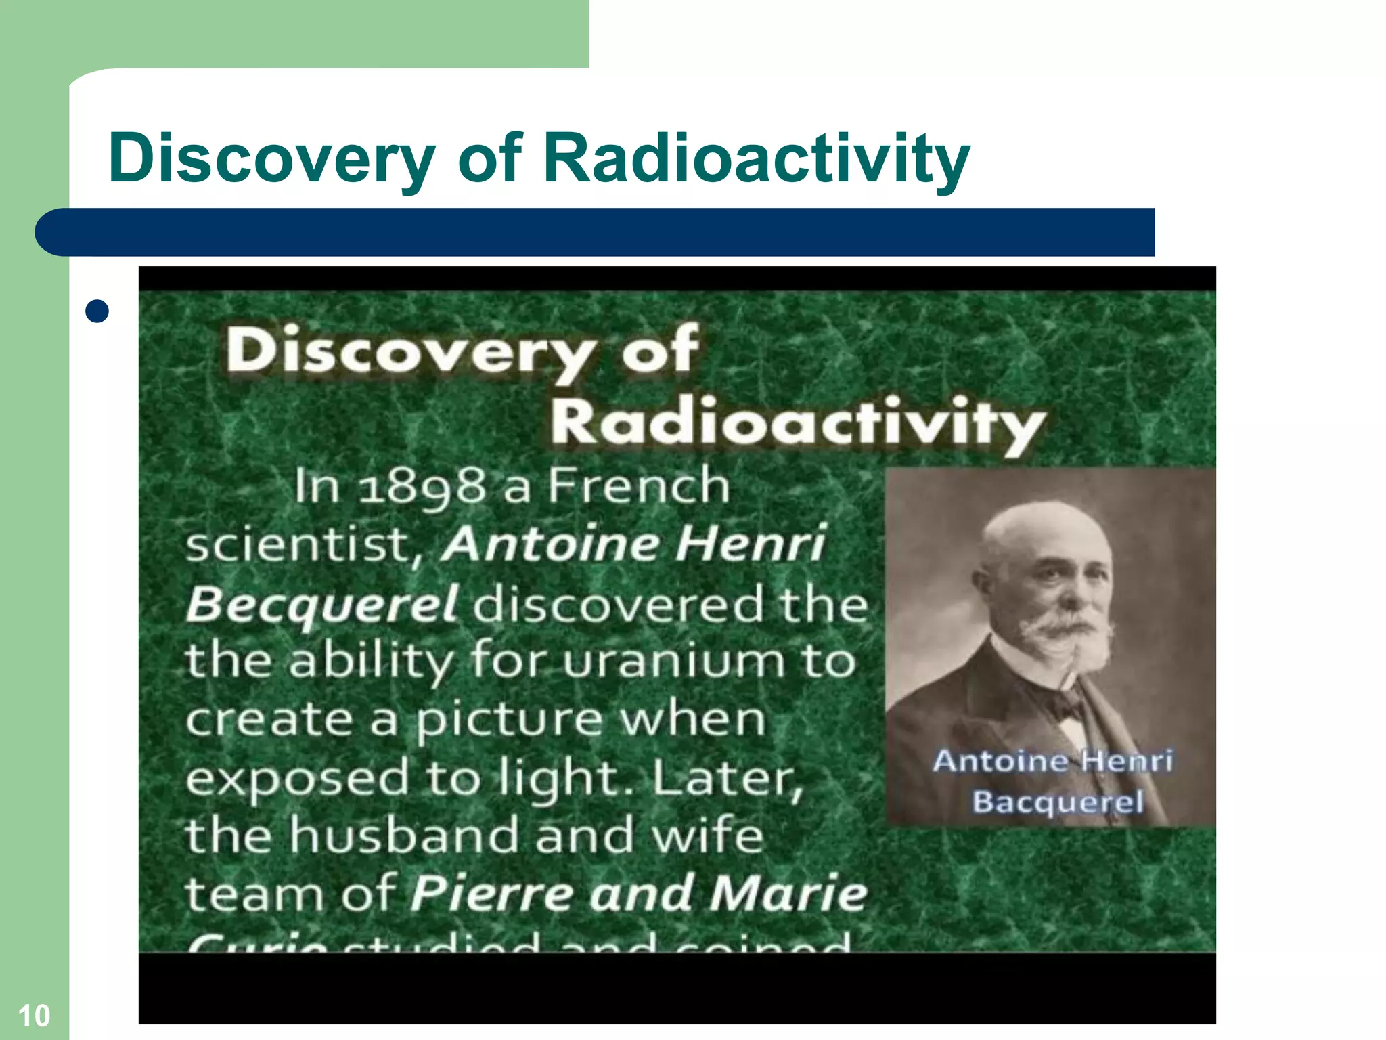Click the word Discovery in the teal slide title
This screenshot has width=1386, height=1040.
point(271,159)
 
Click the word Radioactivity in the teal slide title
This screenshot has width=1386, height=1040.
point(756,159)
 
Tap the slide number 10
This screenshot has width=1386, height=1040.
point(33,1016)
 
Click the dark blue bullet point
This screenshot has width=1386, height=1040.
point(98,311)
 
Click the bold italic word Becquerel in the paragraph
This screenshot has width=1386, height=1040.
point(322,603)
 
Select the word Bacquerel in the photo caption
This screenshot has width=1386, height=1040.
point(1058,802)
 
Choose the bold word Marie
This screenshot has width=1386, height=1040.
point(788,893)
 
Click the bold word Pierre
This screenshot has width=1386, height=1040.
point(493,893)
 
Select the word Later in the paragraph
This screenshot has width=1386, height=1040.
point(728,779)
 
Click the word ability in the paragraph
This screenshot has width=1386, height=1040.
point(371,662)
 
